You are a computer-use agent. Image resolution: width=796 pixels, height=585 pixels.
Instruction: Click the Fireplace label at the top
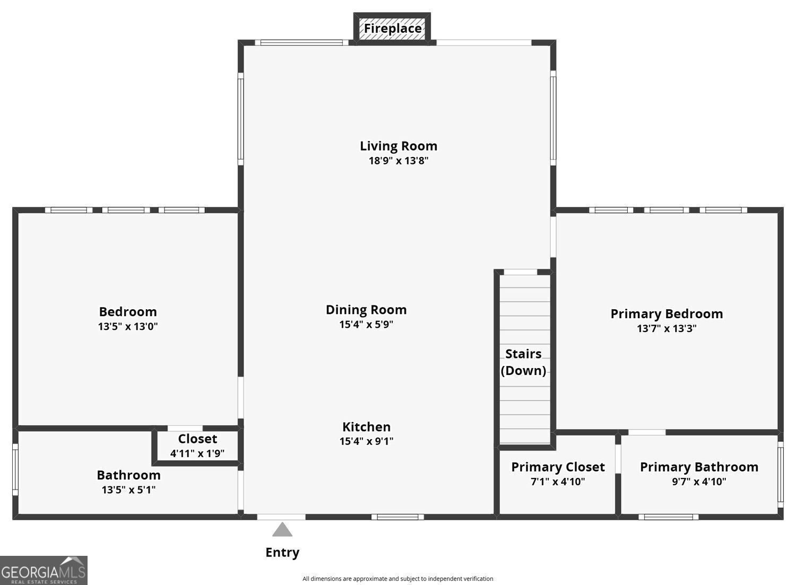click(x=392, y=28)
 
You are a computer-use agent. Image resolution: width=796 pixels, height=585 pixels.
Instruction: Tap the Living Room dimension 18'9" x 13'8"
click(x=398, y=161)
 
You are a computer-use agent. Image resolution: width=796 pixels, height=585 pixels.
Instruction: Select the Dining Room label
click(x=366, y=310)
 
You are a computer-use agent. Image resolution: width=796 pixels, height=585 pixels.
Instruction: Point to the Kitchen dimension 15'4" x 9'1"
click(x=366, y=441)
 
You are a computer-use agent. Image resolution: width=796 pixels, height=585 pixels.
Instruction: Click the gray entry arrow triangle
click(x=282, y=530)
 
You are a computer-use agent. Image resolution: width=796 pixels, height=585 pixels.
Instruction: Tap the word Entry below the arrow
click(x=282, y=553)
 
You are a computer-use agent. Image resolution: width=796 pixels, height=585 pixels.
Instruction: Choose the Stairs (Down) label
click(x=523, y=362)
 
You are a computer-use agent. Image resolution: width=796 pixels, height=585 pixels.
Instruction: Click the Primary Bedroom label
click(x=667, y=314)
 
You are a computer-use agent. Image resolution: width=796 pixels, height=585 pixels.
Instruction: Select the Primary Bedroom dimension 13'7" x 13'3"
click(x=667, y=328)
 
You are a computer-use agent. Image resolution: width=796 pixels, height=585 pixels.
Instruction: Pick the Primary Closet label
click(x=558, y=467)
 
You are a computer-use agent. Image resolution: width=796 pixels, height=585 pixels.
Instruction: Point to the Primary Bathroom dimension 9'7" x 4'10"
click(x=699, y=482)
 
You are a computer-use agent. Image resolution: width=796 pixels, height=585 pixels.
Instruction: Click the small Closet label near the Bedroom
click(x=197, y=439)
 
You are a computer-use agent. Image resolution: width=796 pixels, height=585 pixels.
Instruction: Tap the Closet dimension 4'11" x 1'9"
click(x=197, y=453)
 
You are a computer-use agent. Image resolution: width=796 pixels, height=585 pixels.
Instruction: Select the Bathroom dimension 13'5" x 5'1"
click(x=128, y=490)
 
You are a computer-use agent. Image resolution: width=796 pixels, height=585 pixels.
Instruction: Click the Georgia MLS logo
click(x=44, y=571)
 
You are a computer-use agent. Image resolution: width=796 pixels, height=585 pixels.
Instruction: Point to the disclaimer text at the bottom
click(x=397, y=579)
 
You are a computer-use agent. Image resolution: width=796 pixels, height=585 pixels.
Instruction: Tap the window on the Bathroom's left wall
click(x=15, y=470)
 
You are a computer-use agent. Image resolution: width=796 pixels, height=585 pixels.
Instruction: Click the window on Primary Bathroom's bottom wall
click(x=668, y=517)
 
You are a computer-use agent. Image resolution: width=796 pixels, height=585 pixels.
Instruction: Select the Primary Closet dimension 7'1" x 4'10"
click(x=558, y=482)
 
